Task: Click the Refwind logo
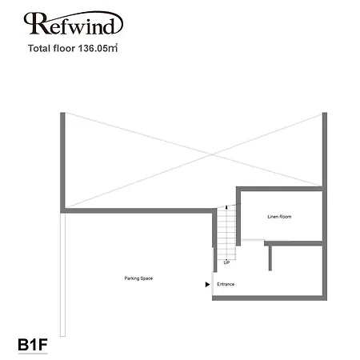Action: click(x=73, y=23)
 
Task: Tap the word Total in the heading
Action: click(x=39, y=48)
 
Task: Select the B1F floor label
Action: click(x=33, y=345)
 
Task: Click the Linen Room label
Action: click(x=279, y=217)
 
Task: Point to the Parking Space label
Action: click(x=138, y=278)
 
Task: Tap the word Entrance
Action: click(x=226, y=284)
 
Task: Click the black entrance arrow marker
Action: click(x=207, y=285)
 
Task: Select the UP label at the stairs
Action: click(x=226, y=262)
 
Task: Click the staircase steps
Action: click(x=226, y=233)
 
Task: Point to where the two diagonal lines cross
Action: click(x=212, y=154)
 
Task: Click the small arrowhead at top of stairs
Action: click(x=226, y=206)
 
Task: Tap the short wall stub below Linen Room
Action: click(x=270, y=258)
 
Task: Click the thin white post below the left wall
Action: click(x=62, y=274)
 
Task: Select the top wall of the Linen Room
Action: click(x=279, y=189)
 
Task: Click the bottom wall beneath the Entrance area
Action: click(x=270, y=298)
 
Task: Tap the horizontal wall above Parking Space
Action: click(x=138, y=210)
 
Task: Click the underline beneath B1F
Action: click(x=33, y=354)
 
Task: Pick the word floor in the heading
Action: click(x=64, y=48)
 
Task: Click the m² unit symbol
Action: click(x=113, y=48)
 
